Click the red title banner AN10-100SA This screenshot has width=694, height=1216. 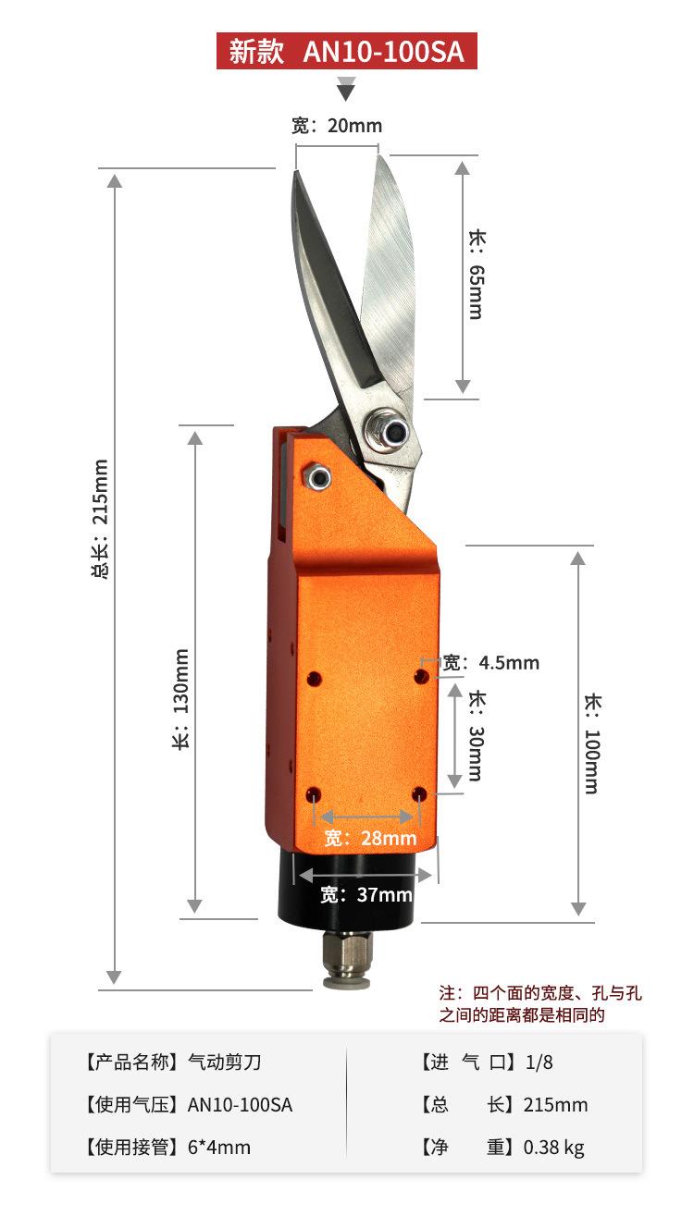coord(346,51)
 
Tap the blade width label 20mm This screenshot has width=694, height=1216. coord(337,126)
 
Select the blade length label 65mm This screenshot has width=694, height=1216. coord(477,275)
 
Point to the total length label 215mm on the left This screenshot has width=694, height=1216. coord(101,519)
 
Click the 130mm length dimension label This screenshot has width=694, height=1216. coord(180,699)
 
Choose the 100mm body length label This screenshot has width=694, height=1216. coord(592,743)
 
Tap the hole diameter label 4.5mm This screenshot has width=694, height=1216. coord(491,663)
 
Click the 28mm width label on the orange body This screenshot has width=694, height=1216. coord(370,838)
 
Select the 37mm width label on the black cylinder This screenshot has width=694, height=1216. coord(366,894)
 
